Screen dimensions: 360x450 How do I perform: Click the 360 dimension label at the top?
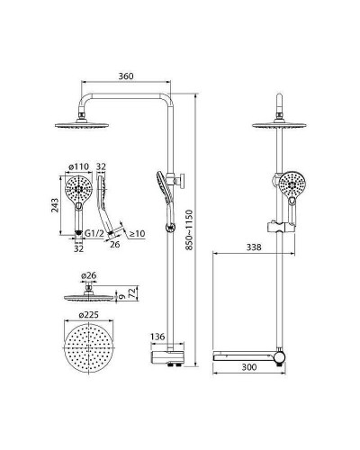(x=126, y=76)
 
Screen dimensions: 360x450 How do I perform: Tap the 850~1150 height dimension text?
(x=189, y=229)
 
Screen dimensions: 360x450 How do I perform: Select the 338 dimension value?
(x=254, y=247)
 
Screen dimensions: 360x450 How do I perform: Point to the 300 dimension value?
(x=249, y=367)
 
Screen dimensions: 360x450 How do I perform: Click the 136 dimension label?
(x=157, y=337)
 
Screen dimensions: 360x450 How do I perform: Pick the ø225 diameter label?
(x=88, y=315)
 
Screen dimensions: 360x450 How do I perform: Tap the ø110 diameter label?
(x=79, y=166)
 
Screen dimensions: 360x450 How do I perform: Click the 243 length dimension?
(x=55, y=205)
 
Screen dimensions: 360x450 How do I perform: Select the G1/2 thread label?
(x=94, y=233)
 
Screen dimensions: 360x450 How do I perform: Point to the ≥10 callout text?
(x=137, y=233)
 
